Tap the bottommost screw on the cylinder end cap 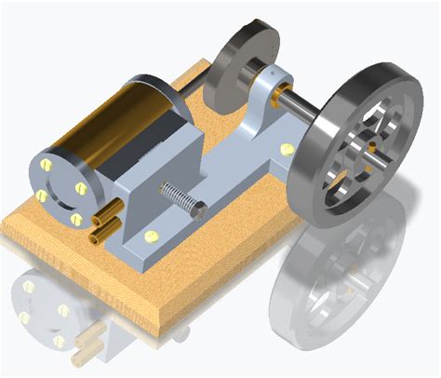77,219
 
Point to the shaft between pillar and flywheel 302,103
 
